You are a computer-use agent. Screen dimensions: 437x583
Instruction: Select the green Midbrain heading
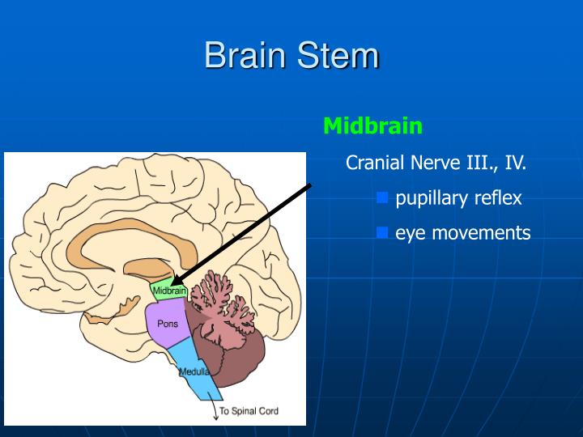(x=372, y=126)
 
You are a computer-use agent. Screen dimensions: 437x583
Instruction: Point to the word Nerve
(x=437, y=163)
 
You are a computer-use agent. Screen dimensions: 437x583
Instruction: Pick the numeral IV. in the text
(x=516, y=163)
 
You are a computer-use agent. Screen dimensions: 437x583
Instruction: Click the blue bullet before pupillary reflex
(x=383, y=197)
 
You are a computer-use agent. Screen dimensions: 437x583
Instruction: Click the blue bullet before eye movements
(x=383, y=233)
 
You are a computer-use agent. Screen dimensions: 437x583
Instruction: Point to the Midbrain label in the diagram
(x=169, y=291)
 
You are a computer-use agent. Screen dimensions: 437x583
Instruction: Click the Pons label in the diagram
(x=168, y=324)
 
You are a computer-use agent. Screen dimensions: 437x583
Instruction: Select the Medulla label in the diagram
(x=194, y=372)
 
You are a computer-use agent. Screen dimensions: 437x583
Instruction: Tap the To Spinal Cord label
(x=249, y=411)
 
